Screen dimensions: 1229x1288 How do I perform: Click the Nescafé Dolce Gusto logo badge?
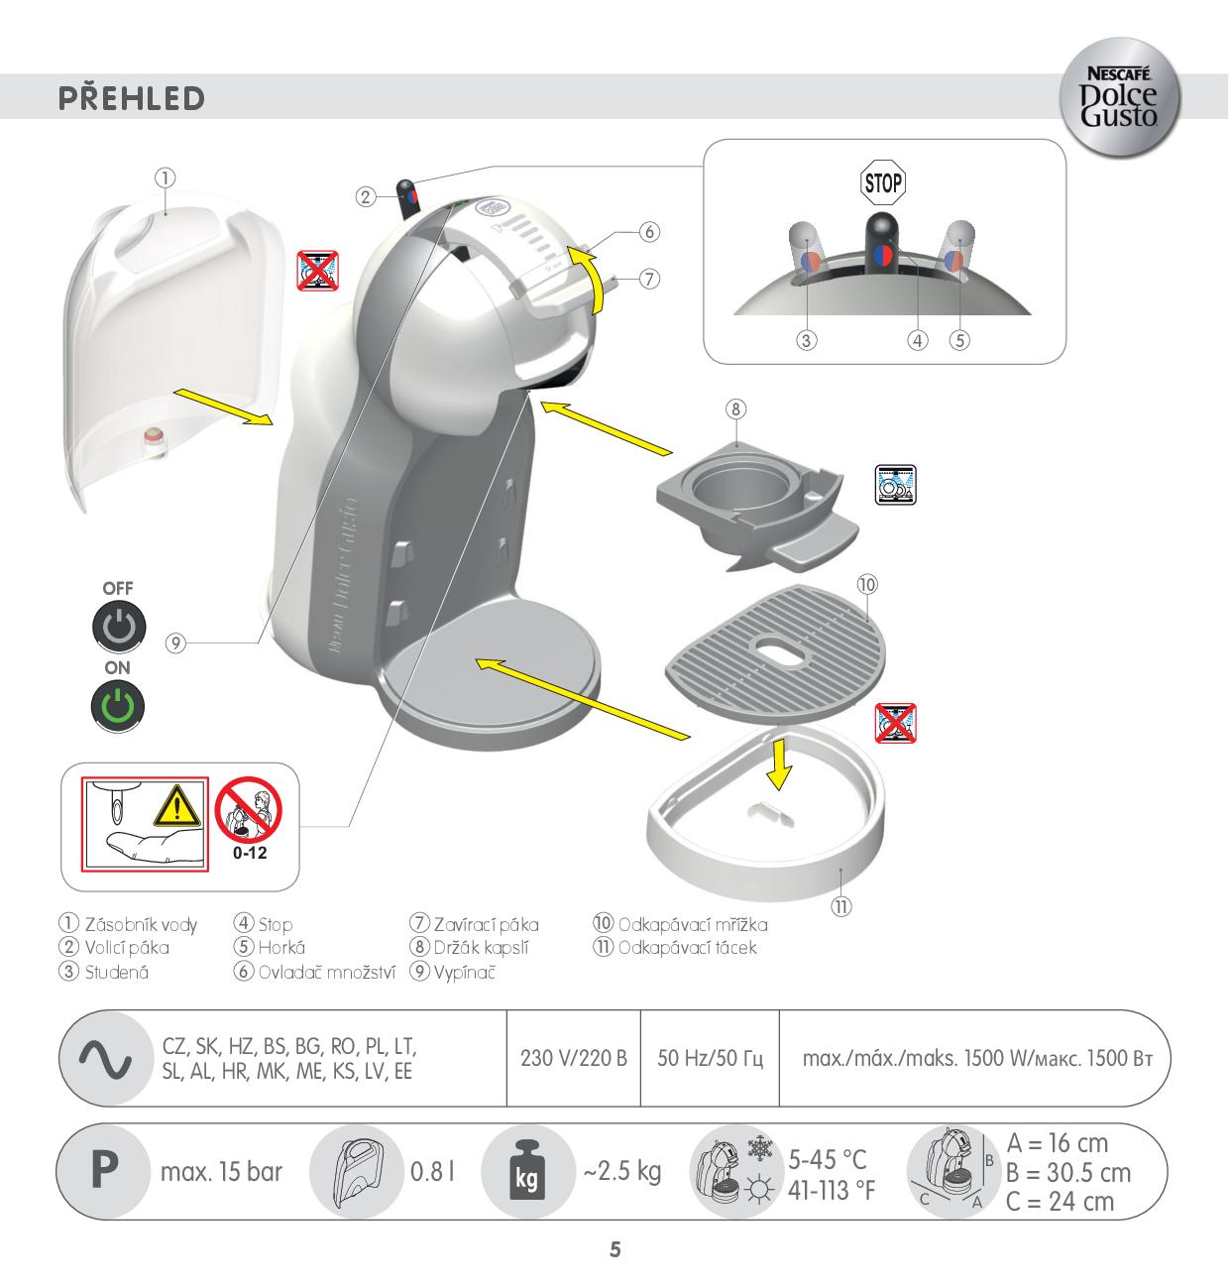(1120, 97)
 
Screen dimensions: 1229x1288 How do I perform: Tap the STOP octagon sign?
(882, 182)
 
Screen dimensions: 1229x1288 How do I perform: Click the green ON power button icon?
(118, 706)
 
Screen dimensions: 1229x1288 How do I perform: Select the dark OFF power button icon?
(119, 627)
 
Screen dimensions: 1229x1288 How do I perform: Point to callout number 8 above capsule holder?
(735, 410)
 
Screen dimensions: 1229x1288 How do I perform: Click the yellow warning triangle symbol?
(176, 807)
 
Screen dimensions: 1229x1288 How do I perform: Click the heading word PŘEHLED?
(132, 97)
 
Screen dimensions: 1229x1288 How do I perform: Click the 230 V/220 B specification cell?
(574, 1058)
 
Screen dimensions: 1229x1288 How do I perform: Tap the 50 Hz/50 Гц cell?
(711, 1058)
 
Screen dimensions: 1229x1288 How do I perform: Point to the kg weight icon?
(526, 1171)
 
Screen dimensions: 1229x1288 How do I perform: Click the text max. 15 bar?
(221, 1171)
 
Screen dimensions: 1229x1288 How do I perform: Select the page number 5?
(615, 1249)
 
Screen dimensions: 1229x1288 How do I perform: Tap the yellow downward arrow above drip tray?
(779, 763)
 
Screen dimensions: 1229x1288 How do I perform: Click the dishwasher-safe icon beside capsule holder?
(896, 485)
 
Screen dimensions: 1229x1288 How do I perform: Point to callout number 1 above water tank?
(166, 177)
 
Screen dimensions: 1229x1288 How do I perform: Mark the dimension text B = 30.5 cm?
(1068, 1173)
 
